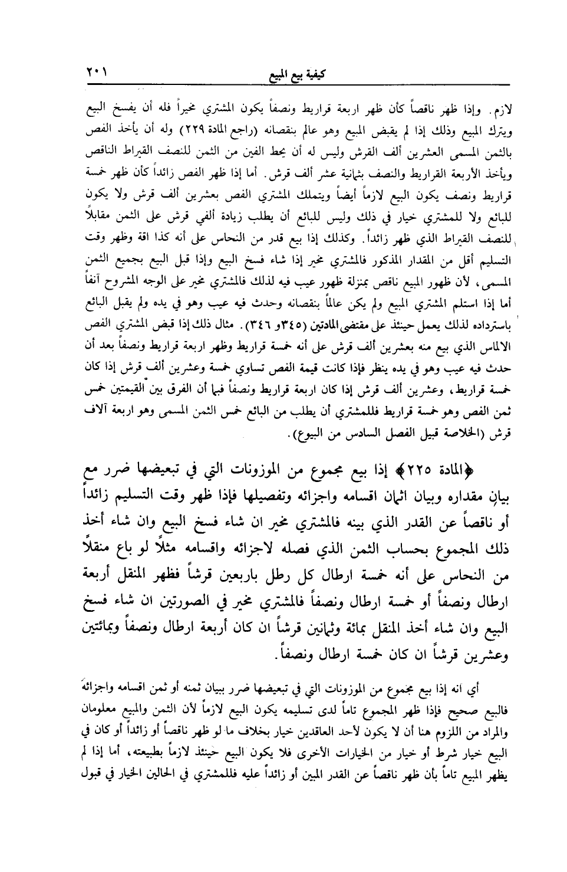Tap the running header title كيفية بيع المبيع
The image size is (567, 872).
click(293, 74)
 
